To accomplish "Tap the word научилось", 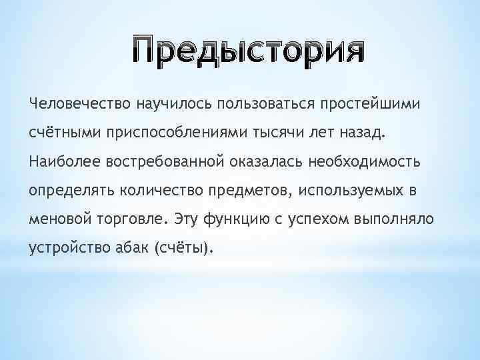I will click(x=168, y=104).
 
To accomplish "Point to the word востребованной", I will click(x=163, y=161).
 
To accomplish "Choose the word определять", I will click(x=72, y=191).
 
